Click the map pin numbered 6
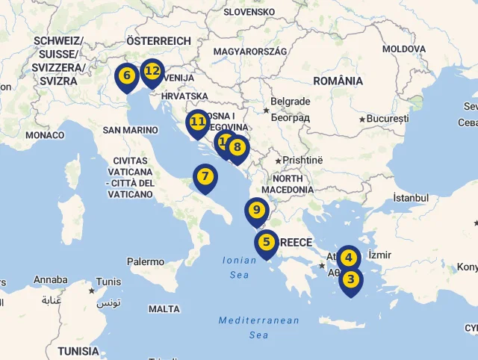(x=126, y=76)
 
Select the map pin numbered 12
(x=152, y=72)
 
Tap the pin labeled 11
(x=198, y=121)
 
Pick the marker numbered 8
(x=238, y=147)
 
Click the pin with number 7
(x=205, y=178)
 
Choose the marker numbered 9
(x=256, y=211)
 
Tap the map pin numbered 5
(x=267, y=242)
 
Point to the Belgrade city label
(x=290, y=102)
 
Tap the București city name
(x=388, y=119)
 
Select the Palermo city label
(x=146, y=262)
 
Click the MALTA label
(x=164, y=308)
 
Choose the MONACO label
(x=45, y=135)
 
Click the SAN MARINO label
(x=131, y=130)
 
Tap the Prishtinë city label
(x=302, y=160)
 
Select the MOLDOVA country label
(x=404, y=49)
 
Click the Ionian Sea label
(x=238, y=267)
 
